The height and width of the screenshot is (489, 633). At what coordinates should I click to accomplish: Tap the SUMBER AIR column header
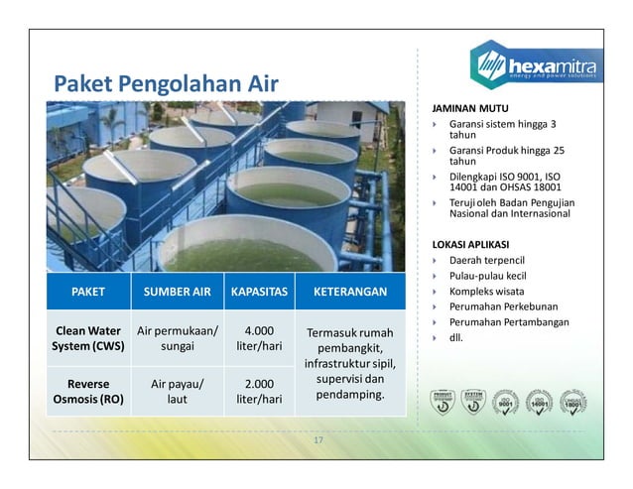coord(178,293)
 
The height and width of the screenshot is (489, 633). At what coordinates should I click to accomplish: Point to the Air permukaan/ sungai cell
coord(178,339)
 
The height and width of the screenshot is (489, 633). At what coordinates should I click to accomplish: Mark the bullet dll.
coord(457,337)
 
